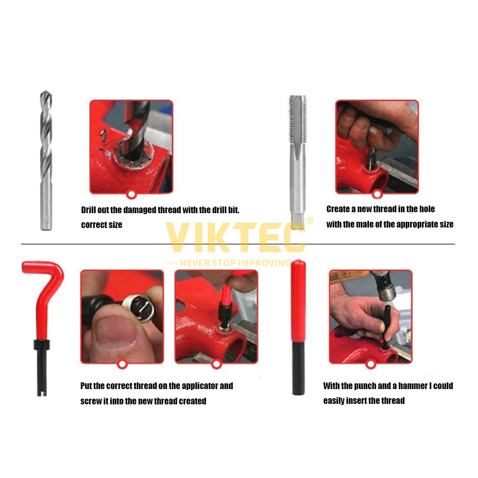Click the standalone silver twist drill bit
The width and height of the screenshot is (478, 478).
pyautogui.click(x=46, y=160)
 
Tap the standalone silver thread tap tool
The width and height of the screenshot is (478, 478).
pyautogui.click(x=297, y=162)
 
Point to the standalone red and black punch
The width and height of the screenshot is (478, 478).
pyautogui.click(x=298, y=327)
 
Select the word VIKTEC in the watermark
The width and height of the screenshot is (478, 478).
pyautogui.click(x=235, y=238)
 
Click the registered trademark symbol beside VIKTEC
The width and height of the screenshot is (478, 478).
pyautogui.click(x=309, y=220)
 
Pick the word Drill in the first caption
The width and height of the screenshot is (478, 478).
pyautogui.click(x=88, y=210)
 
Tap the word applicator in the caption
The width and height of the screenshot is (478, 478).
pyautogui.click(x=200, y=386)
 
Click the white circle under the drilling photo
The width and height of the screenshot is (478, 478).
pyautogui.click(x=131, y=195)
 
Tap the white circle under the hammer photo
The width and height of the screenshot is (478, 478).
pyautogui.click(x=371, y=364)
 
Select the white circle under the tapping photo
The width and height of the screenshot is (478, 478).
pyautogui.click(x=377, y=194)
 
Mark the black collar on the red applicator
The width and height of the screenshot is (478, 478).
pyautogui.click(x=42, y=345)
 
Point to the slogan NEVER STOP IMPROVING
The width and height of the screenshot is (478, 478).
pyautogui.click(x=235, y=263)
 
